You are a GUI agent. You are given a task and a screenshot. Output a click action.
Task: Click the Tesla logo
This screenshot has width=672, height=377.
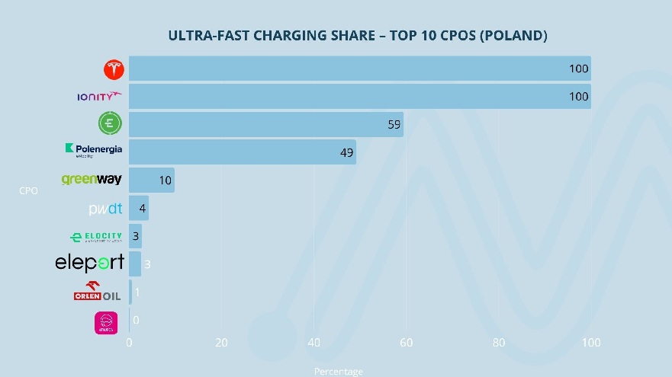pos(114,69)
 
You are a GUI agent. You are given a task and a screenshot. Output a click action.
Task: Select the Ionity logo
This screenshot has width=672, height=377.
pos(99,96)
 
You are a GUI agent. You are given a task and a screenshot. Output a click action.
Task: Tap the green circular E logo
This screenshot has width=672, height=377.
pos(111,123)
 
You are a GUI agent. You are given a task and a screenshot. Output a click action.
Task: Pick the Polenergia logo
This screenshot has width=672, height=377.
pos(94,150)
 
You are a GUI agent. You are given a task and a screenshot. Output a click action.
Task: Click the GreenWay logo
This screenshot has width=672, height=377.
pos(92,180)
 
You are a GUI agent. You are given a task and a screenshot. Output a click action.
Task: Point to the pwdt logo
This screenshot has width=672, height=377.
pos(105,209)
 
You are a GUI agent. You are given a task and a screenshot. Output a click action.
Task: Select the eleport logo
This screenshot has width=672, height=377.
pos(89,264)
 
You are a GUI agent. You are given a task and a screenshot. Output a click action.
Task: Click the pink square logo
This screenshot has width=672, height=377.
pos(105,323)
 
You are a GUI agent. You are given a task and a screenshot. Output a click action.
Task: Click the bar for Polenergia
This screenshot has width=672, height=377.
pos(242,152)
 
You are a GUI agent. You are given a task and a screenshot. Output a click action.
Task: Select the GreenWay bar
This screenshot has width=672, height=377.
pos(151,181)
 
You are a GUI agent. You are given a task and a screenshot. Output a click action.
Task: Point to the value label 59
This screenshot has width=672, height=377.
pos(394,124)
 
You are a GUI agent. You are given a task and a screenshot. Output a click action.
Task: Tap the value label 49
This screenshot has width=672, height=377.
pos(347,152)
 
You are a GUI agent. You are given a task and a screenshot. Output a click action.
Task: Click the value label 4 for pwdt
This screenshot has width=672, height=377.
pos(142,209)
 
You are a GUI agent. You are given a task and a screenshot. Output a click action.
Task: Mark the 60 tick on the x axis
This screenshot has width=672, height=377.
pos(407,343)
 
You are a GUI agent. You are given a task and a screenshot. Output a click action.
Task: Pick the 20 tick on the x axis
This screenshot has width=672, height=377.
pos(221,343)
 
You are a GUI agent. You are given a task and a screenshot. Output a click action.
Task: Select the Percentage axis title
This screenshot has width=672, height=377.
pos(339,372)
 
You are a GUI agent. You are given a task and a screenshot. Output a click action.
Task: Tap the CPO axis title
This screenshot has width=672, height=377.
pos(28,191)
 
